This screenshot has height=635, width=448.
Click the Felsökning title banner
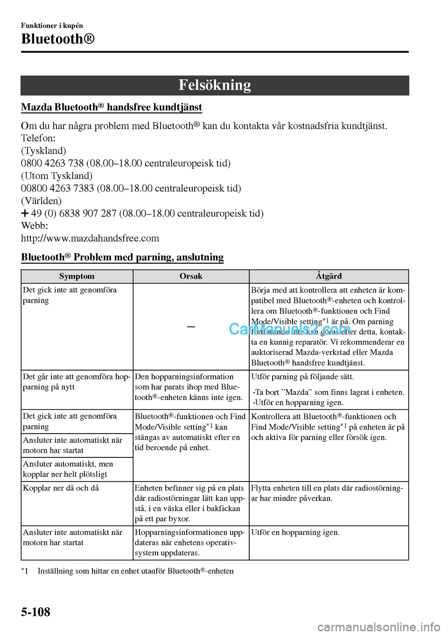pyautogui.click(x=215, y=85)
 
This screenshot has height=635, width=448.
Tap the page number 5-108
pyautogui.click(x=35, y=612)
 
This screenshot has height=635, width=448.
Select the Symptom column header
pyautogui.click(x=77, y=276)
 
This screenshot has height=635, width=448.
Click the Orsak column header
pyautogui.click(x=191, y=276)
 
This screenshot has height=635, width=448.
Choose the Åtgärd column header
pyautogui.click(x=329, y=276)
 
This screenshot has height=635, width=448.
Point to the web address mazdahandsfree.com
pyautogui.click(x=90, y=238)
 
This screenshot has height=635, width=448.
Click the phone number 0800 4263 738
pyautogui.click(x=52, y=163)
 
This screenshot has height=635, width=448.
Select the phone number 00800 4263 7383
pyautogui.click(x=57, y=188)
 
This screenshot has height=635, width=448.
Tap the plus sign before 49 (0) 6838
pyautogui.click(x=25, y=214)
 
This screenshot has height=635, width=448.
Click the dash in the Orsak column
pyautogui.click(x=191, y=327)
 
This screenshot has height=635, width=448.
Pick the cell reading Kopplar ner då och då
pyautogui.click(x=61, y=488)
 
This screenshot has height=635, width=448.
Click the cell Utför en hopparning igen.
pyautogui.click(x=295, y=532)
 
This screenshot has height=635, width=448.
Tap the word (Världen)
pyautogui.click(x=41, y=201)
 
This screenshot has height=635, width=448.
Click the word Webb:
pyautogui.click(x=35, y=226)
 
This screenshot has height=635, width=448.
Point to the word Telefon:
pyautogui.click(x=38, y=138)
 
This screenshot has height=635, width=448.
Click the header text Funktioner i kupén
pyautogui.click(x=52, y=26)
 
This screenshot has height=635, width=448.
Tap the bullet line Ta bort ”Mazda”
pyautogui.click(x=329, y=393)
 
